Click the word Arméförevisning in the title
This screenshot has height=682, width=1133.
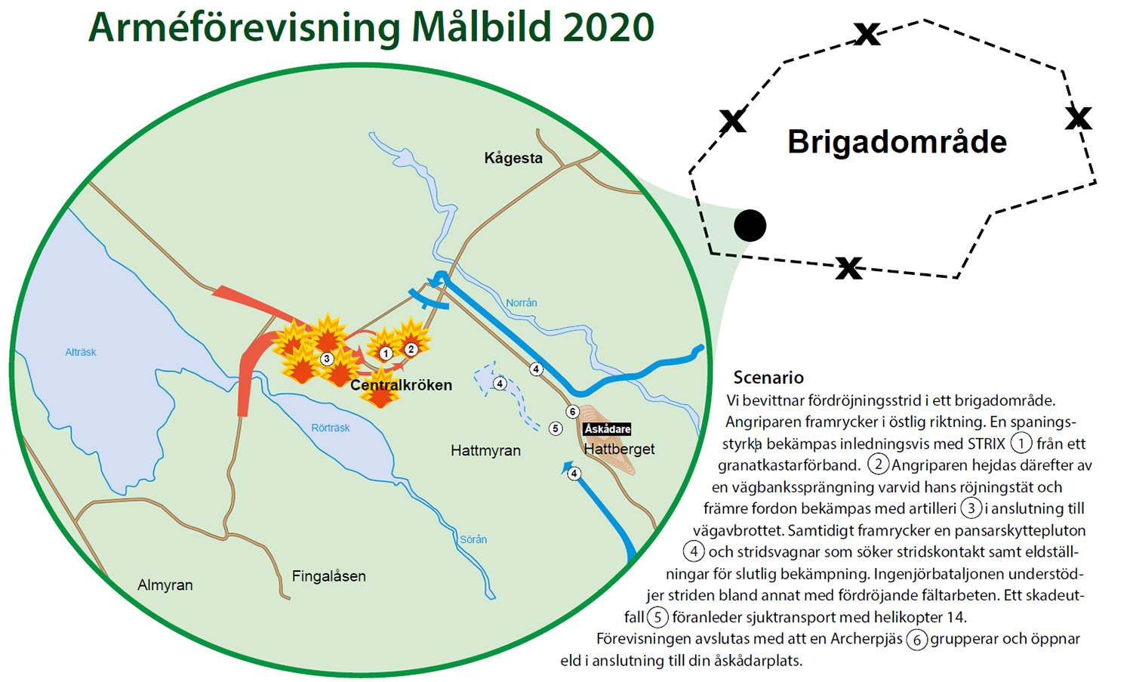[x=245, y=28]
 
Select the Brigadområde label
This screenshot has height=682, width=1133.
[x=897, y=141]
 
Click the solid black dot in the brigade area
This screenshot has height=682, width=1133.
[x=750, y=225]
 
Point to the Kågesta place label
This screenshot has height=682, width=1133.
[x=513, y=158]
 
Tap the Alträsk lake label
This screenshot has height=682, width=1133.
[x=81, y=352]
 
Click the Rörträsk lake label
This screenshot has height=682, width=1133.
[x=331, y=427]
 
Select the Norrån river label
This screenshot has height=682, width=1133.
[x=522, y=303]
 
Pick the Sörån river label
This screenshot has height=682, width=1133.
[x=473, y=539]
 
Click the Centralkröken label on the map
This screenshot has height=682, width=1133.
[x=401, y=385]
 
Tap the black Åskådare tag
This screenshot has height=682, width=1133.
[x=607, y=429]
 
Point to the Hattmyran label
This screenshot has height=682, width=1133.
[x=485, y=450]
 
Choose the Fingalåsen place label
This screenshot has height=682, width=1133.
[x=329, y=576]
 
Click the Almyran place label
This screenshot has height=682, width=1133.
[x=165, y=585]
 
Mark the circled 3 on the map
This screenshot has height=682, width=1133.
[x=327, y=359]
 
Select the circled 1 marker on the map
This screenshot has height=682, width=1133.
[x=386, y=353]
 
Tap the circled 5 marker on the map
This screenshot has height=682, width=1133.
[x=556, y=428]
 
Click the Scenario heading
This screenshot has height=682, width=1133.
[x=768, y=378]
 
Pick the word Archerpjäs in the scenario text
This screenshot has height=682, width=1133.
[x=867, y=639]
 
